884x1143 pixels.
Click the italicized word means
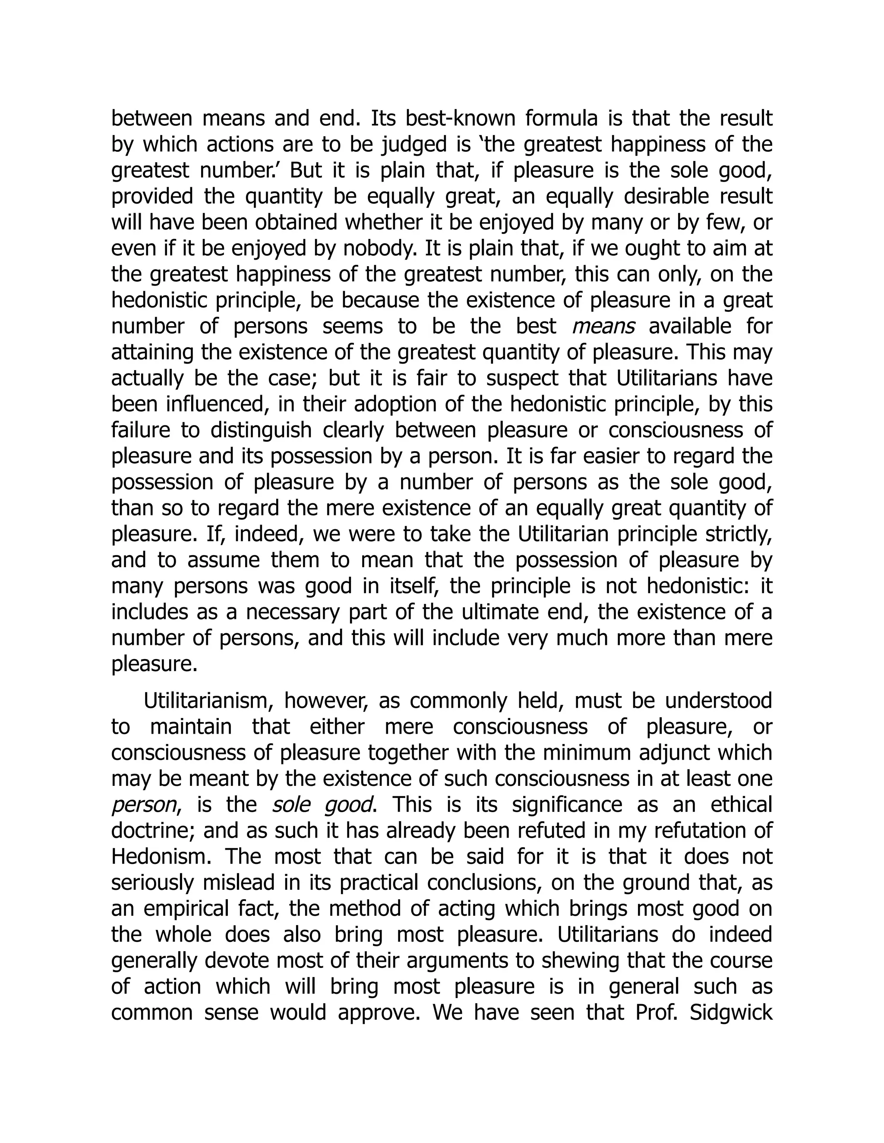(603, 327)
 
